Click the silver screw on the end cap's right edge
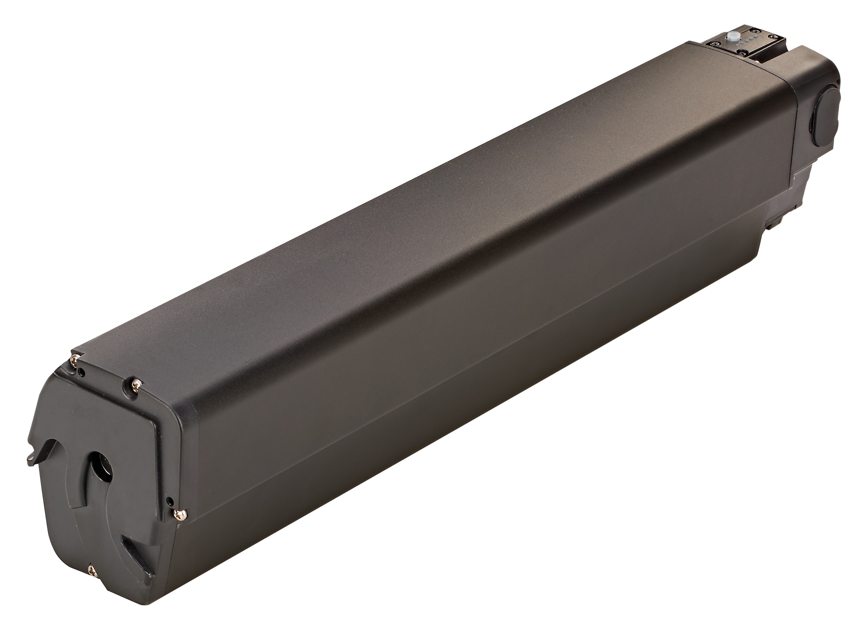[180, 515]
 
